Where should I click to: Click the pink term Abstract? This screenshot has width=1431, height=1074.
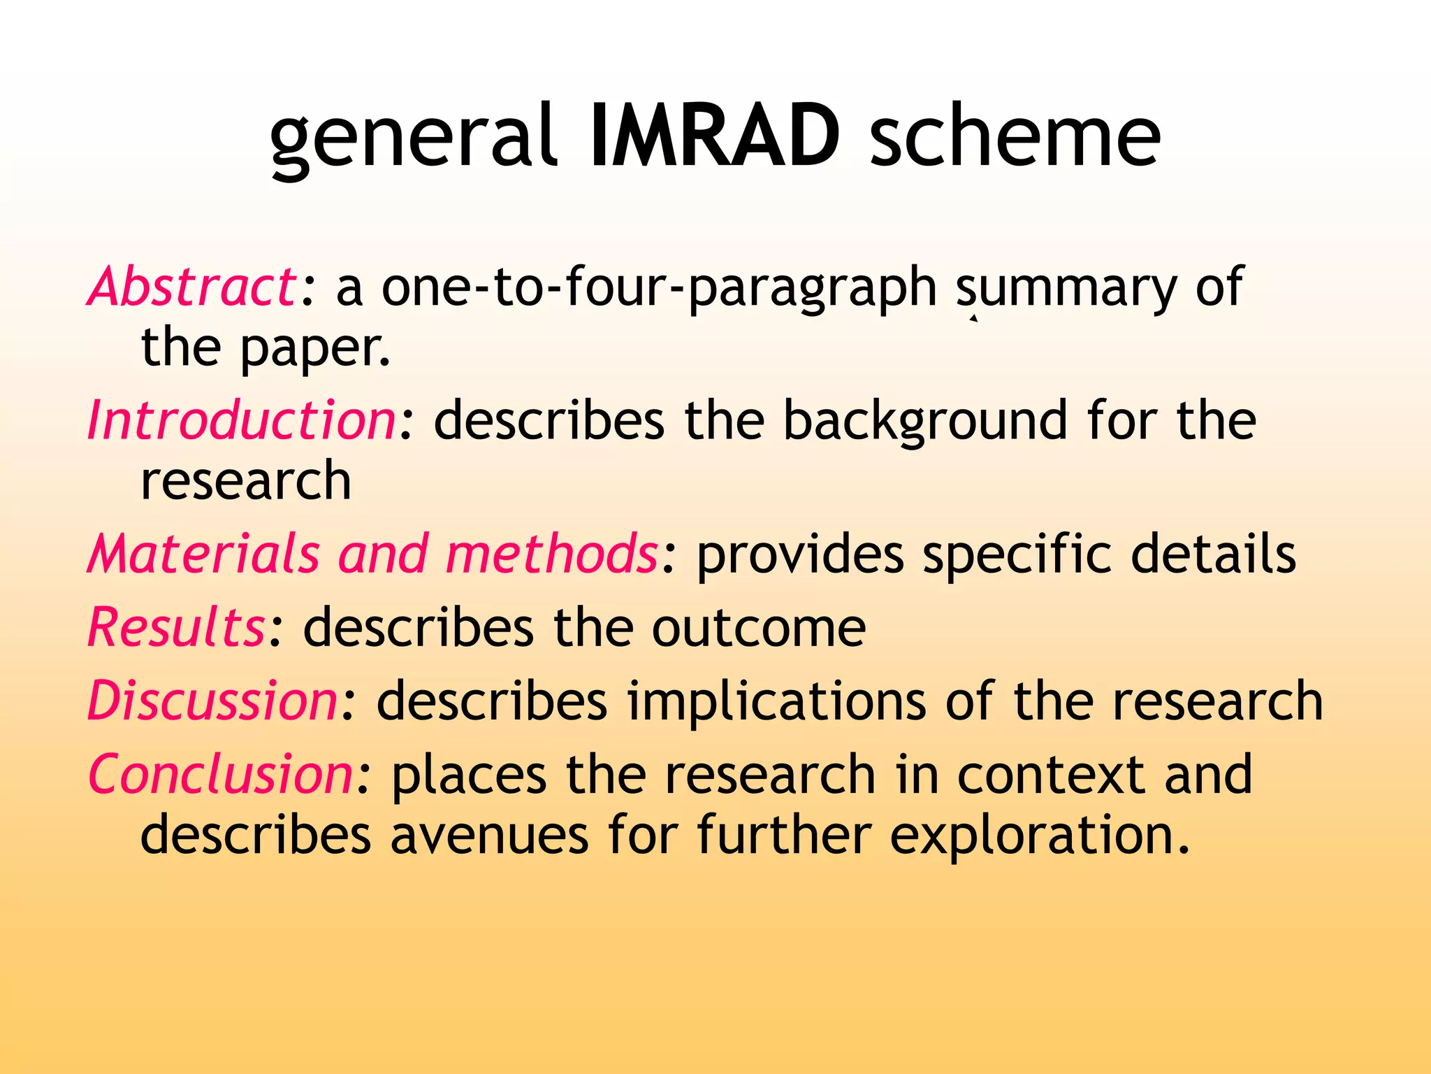pyautogui.click(x=192, y=287)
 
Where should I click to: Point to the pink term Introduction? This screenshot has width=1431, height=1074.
pyautogui.click(x=242, y=420)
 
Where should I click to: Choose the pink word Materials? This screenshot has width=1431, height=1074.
pyautogui.click(x=203, y=554)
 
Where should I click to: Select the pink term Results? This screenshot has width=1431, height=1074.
pyautogui.click(x=175, y=627)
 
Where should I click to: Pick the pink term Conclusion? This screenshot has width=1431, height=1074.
pyautogui.click(x=220, y=775)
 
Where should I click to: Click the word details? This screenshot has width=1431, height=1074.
pyautogui.click(x=1214, y=554)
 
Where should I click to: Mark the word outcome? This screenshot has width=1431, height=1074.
pyautogui.click(x=759, y=628)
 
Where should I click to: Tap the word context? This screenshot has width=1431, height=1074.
pyautogui.click(x=1051, y=775)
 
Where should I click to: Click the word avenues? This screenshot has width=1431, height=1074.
pyautogui.click(x=489, y=835)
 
